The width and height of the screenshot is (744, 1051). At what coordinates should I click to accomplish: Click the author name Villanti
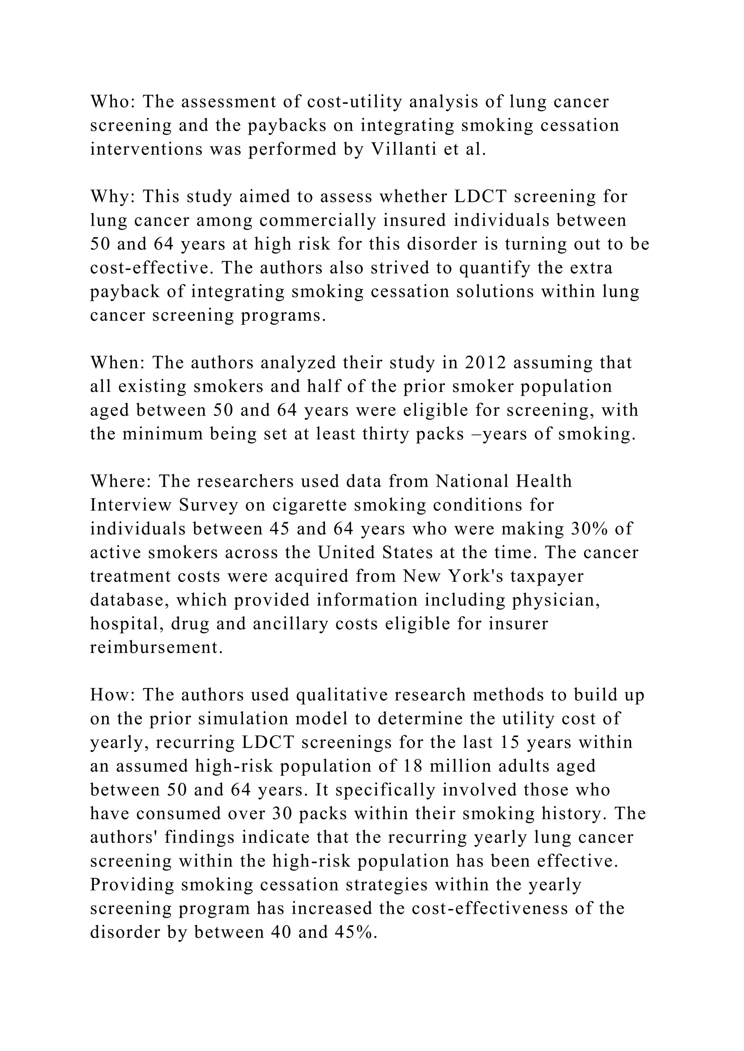[403, 149]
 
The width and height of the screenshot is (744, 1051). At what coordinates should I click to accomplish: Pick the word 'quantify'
[494, 268]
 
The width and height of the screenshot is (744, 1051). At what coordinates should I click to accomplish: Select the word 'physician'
[554, 600]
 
